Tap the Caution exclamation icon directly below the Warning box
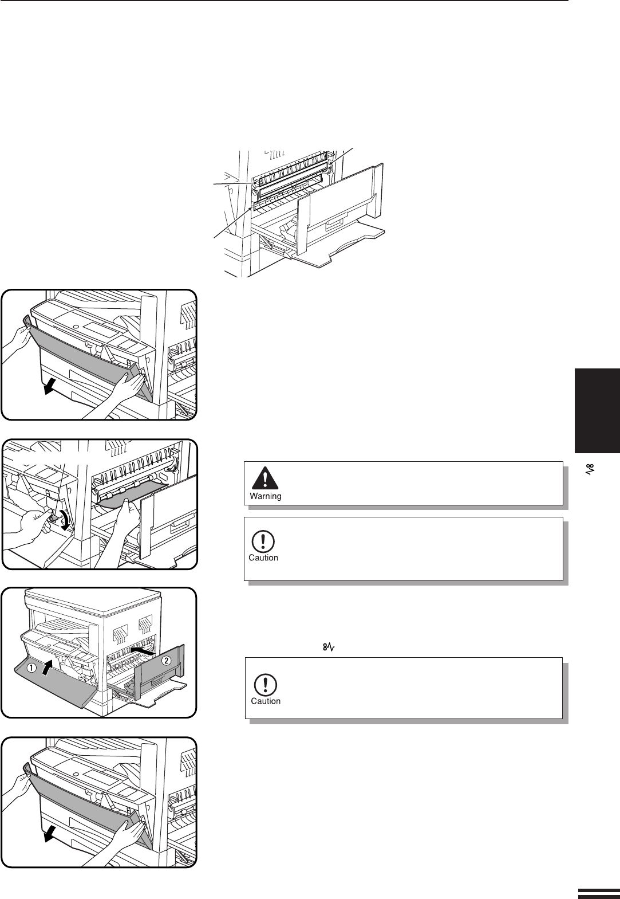pyautogui.click(x=263, y=541)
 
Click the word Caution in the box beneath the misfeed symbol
pyautogui.click(x=266, y=701)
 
